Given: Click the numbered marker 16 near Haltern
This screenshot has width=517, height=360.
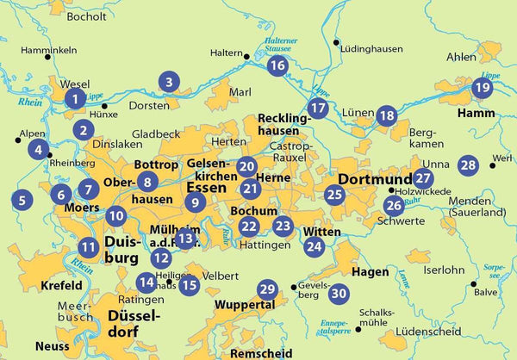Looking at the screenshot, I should tap(277, 65).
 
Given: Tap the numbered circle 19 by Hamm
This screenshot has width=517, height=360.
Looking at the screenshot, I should tap(482, 88).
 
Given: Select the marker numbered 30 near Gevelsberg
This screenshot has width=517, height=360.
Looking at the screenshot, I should tap(339, 293).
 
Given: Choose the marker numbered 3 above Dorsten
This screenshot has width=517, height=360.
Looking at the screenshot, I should tap(170, 83).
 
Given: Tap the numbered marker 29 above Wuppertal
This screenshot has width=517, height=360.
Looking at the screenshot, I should tap(267, 289).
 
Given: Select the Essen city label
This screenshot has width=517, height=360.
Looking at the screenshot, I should tap(206, 186).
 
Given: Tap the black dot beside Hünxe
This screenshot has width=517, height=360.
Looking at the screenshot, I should tap(105, 105).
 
